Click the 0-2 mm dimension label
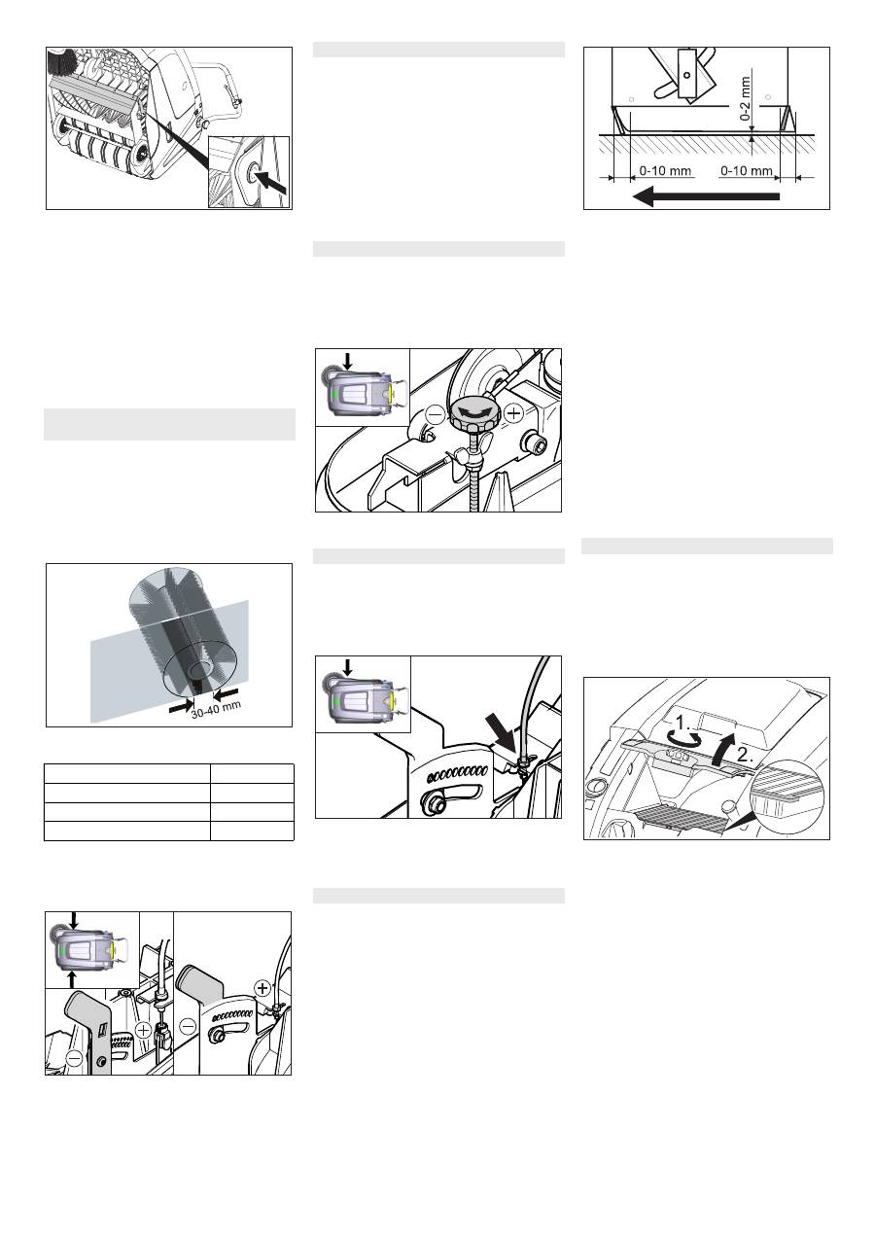(x=746, y=99)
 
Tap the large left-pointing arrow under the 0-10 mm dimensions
(x=706, y=196)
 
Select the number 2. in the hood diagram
(x=745, y=755)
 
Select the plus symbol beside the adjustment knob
(x=514, y=413)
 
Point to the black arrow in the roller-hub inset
(x=271, y=182)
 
